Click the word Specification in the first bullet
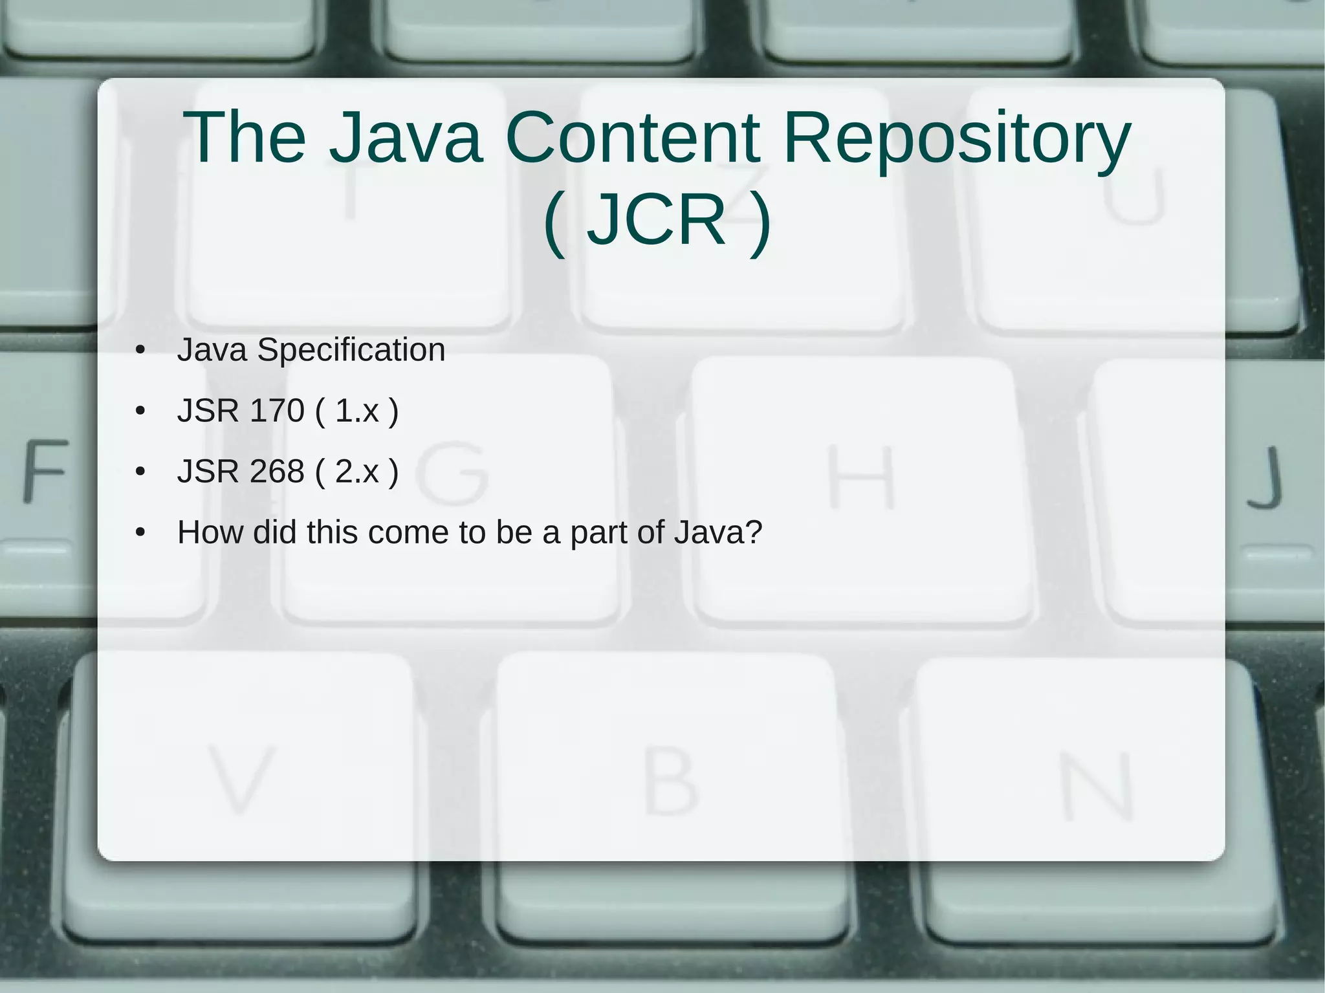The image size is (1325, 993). (x=351, y=351)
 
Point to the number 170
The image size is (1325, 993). (x=276, y=410)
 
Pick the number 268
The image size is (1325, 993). (x=276, y=471)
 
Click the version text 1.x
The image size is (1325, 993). (x=356, y=410)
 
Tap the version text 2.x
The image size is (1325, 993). (x=356, y=471)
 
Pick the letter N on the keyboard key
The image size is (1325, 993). (x=1097, y=786)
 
